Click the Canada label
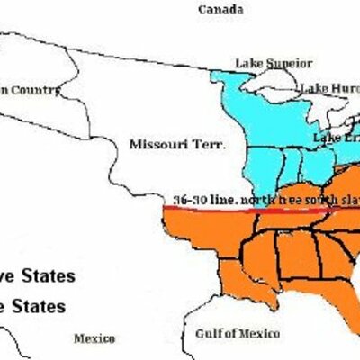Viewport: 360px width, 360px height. tap(221, 10)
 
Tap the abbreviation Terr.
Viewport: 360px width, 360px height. tap(208, 144)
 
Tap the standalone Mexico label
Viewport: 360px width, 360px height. tap(94, 338)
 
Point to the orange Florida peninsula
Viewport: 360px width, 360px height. tap(353, 315)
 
